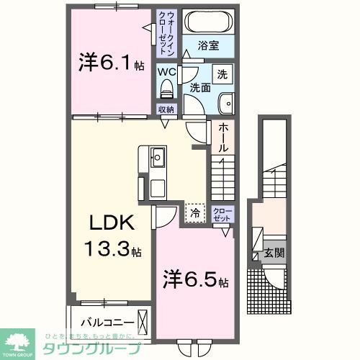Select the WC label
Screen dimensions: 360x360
tap(167, 73)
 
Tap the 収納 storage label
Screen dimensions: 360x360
tap(167, 109)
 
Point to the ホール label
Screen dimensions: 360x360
tap(223, 137)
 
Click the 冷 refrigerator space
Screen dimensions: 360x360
tap(194, 212)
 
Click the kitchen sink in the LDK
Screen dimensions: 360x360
tap(157, 156)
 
